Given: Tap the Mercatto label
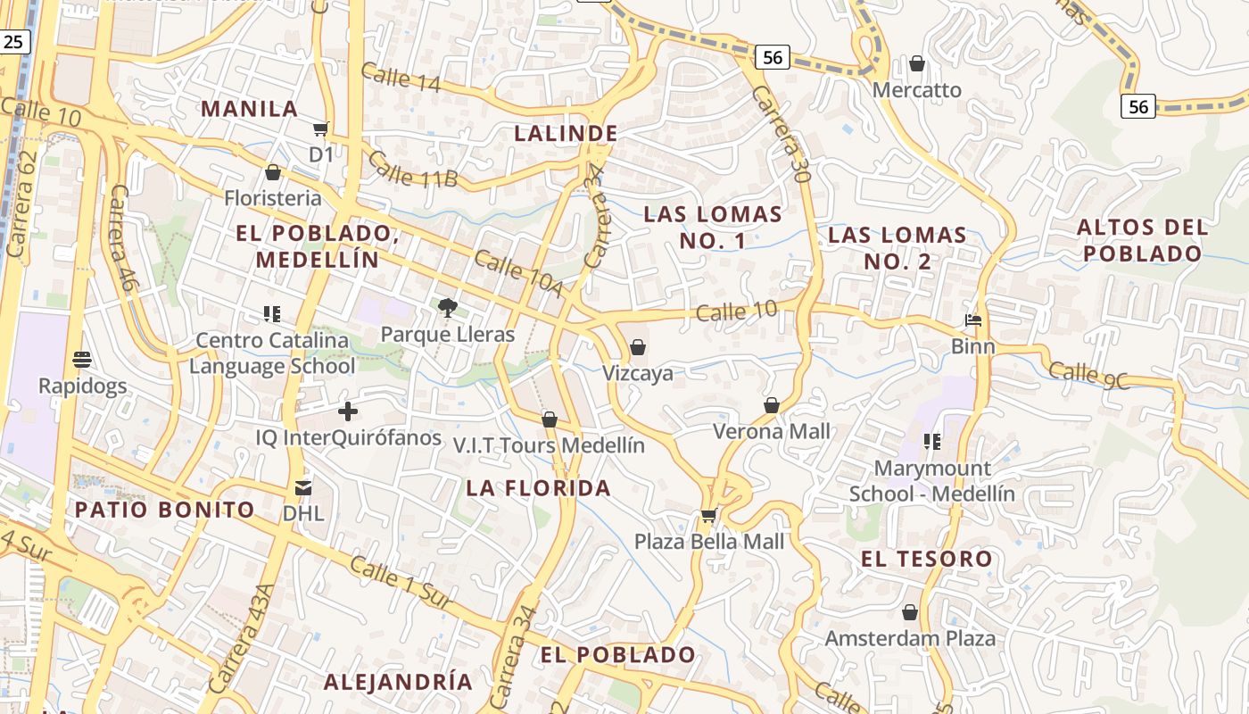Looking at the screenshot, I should pyautogui.click(x=917, y=90).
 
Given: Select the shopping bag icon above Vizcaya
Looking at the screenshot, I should pyautogui.click(x=637, y=347).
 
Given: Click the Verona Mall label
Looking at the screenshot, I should pyautogui.click(x=772, y=431).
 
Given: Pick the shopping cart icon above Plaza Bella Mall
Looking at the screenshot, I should pyautogui.click(x=709, y=515).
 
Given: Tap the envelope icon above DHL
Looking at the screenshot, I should pyautogui.click(x=303, y=488).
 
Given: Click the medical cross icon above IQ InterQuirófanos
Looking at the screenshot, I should pyautogui.click(x=348, y=411).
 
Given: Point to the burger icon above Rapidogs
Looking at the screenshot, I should pyautogui.click(x=82, y=360).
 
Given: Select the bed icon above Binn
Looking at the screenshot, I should pyautogui.click(x=973, y=320).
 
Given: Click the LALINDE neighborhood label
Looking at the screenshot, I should pyautogui.click(x=566, y=134).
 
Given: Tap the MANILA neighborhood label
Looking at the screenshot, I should pyautogui.click(x=249, y=109).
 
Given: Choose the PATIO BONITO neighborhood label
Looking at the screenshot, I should pyautogui.click(x=165, y=510).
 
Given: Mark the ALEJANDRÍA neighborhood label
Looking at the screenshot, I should pyautogui.click(x=398, y=682).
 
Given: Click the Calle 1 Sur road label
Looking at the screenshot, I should pyautogui.click(x=401, y=585).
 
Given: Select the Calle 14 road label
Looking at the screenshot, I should pyautogui.click(x=401, y=78).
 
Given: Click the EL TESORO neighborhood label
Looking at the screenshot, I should pyautogui.click(x=926, y=560).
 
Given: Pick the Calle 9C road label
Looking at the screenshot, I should pyautogui.click(x=1088, y=374).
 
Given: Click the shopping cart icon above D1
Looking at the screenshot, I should pyautogui.click(x=321, y=129).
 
